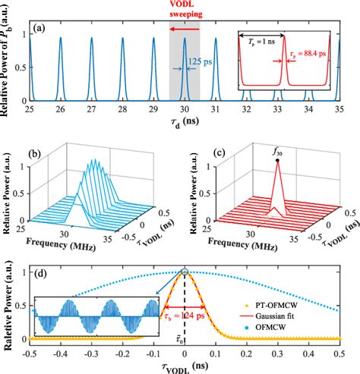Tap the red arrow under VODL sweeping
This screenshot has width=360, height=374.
185,30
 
